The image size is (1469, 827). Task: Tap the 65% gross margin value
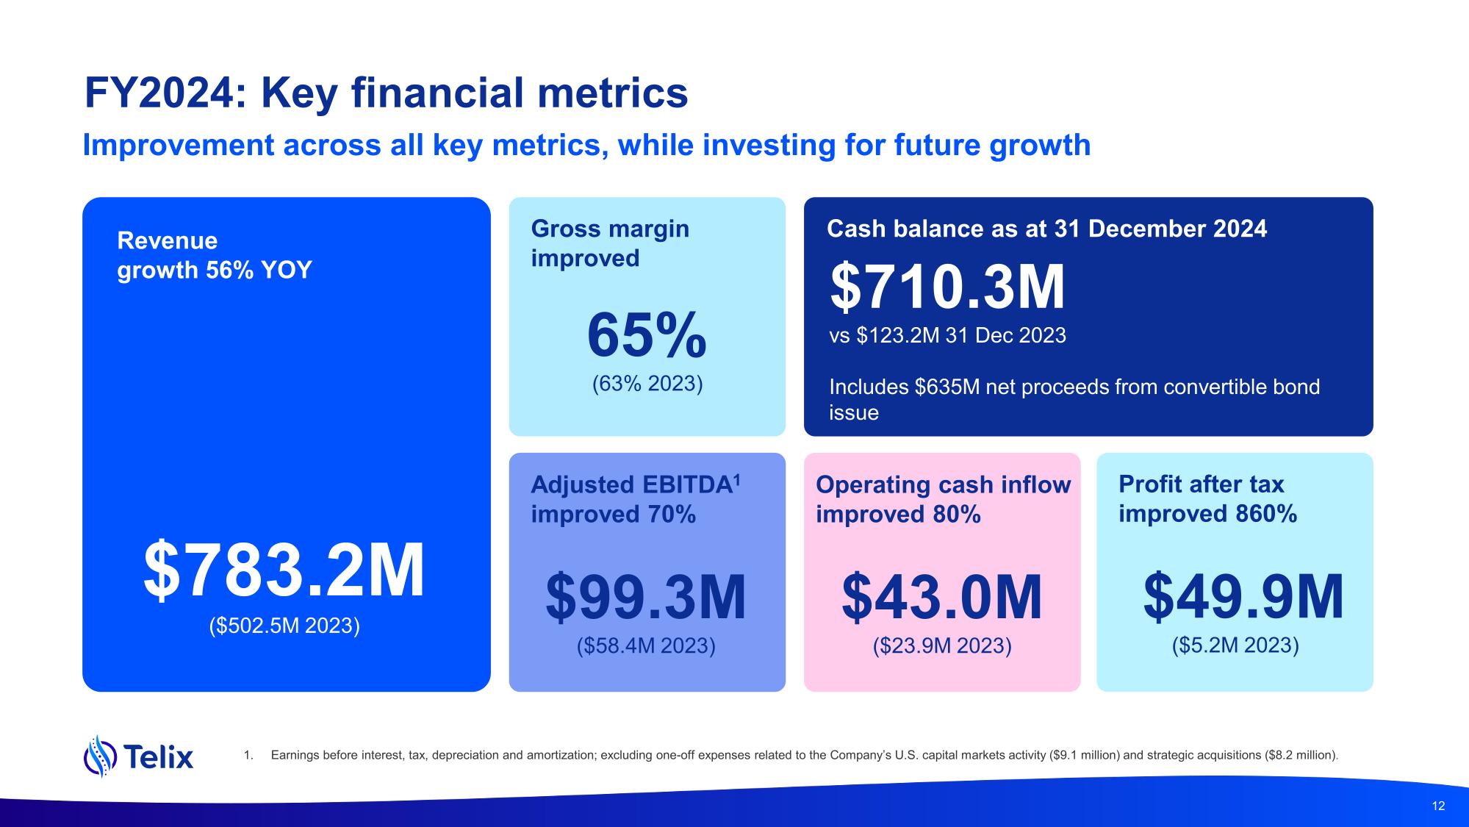[x=647, y=336]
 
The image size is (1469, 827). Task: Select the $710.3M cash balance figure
[x=947, y=287]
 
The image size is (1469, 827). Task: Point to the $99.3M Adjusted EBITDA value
[x=646, y=598]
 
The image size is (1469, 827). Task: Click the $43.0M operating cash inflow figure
[x=941, y=598]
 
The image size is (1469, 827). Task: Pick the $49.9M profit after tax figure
[x=1243, y=598]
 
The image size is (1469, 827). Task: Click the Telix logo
[x=139, y=756]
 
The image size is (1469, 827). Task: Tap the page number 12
[x=1438, y=806]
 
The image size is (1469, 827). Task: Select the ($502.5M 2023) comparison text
[x=284, y=626]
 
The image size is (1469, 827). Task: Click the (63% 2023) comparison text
[x=647, y=384]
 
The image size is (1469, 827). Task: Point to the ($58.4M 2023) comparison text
[x=646, y=645]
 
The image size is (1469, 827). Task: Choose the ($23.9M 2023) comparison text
[x=941, y=645]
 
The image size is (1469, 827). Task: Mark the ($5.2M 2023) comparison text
[x=1235, y=645]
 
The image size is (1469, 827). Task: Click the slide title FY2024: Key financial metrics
[x=386, y=93]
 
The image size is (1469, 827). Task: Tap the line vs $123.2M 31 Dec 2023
[x=947, y=336]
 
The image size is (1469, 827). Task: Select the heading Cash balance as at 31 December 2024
[x=1046, y=229]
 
